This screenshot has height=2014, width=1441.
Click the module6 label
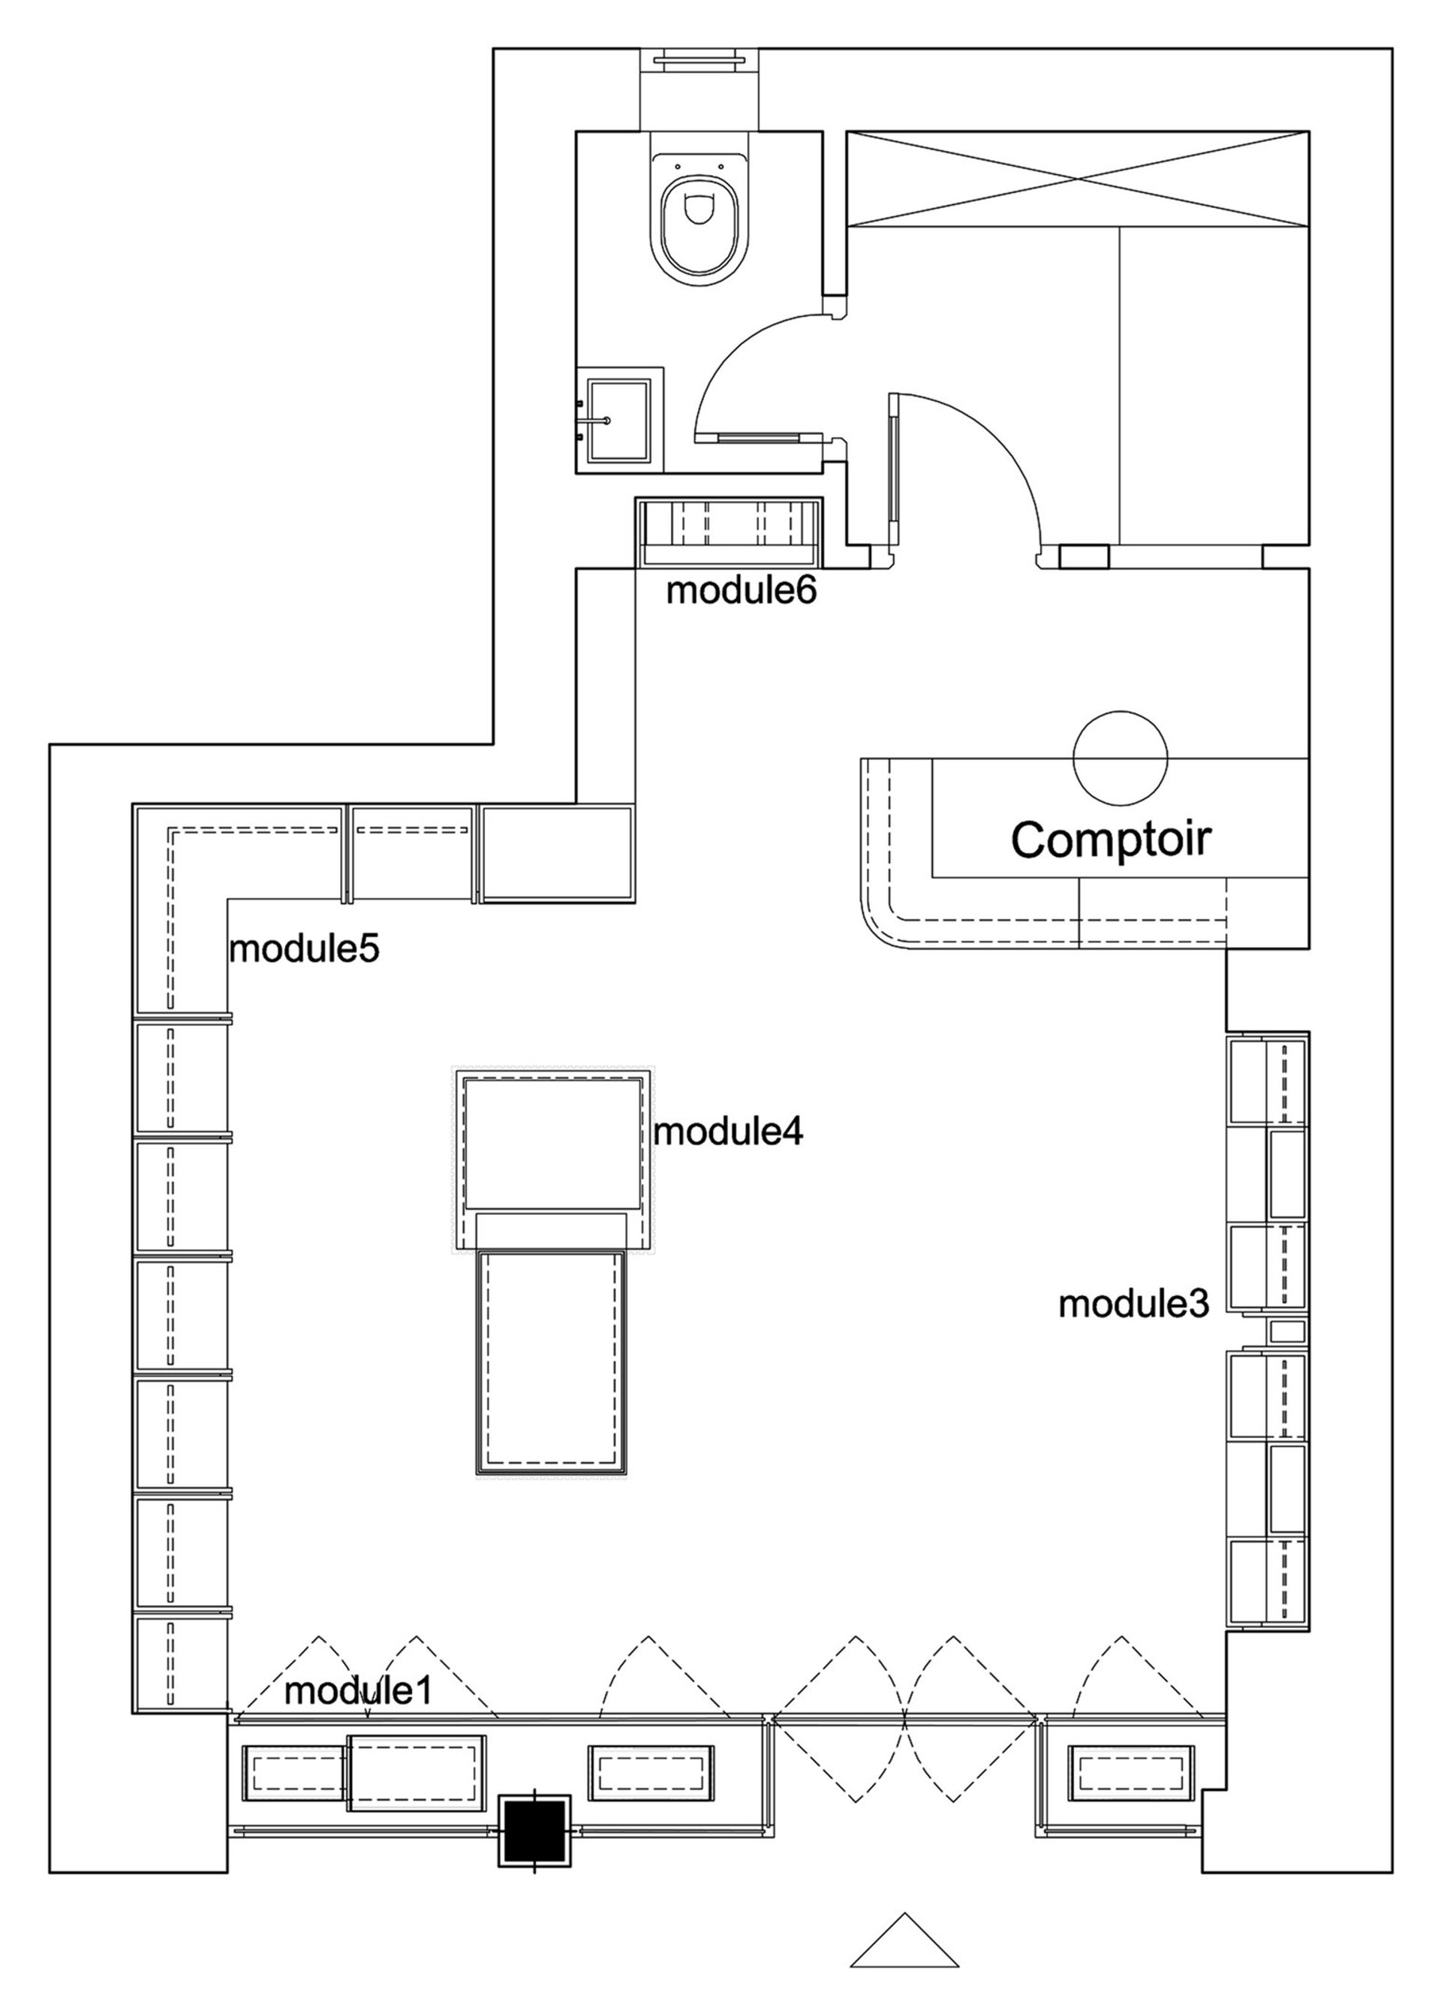(x=741, y=590)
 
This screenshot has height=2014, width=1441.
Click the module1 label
(x=357, y=1692)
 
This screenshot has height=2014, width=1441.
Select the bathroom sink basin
(x=618, y=421)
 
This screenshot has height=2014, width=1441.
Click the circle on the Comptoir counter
(x=1120, y=758)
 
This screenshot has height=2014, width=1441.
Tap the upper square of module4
(x=554, y=1143)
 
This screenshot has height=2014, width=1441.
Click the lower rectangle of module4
(x=552, y=1361)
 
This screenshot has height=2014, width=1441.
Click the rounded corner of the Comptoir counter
(x=883, y=923)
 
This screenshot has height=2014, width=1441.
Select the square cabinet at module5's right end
(x=556, y=853)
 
